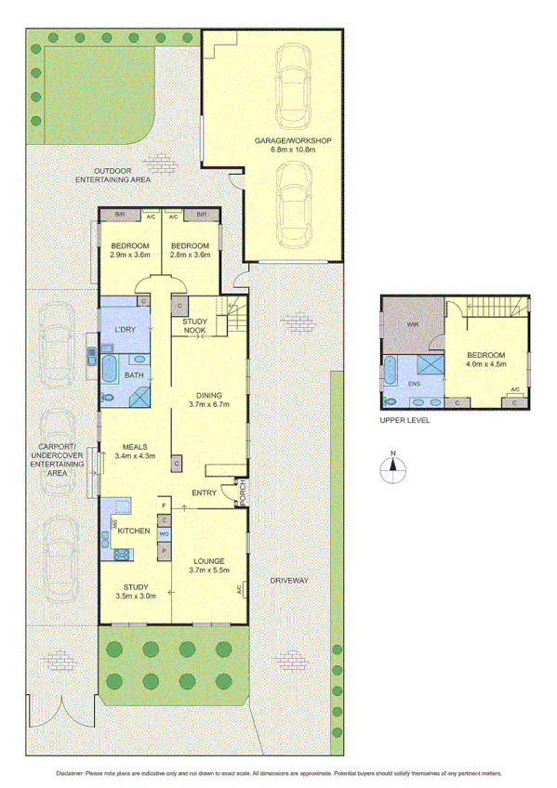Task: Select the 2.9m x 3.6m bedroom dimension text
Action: tap(129, 255)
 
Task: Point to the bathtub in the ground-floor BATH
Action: tap(110, 368)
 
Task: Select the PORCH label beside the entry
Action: tap(242, 492)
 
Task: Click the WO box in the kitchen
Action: tap(164, 534)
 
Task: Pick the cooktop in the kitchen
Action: tap(121, 555)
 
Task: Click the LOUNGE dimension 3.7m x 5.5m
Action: tap(209, 570)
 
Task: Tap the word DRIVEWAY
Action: tap(288, 580)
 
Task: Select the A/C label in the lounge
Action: tap(240, 589)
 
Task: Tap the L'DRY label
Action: tap(126, 331)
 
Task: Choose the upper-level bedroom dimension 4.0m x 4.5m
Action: tap(486, 365)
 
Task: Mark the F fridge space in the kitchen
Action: tap(165, 505)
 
